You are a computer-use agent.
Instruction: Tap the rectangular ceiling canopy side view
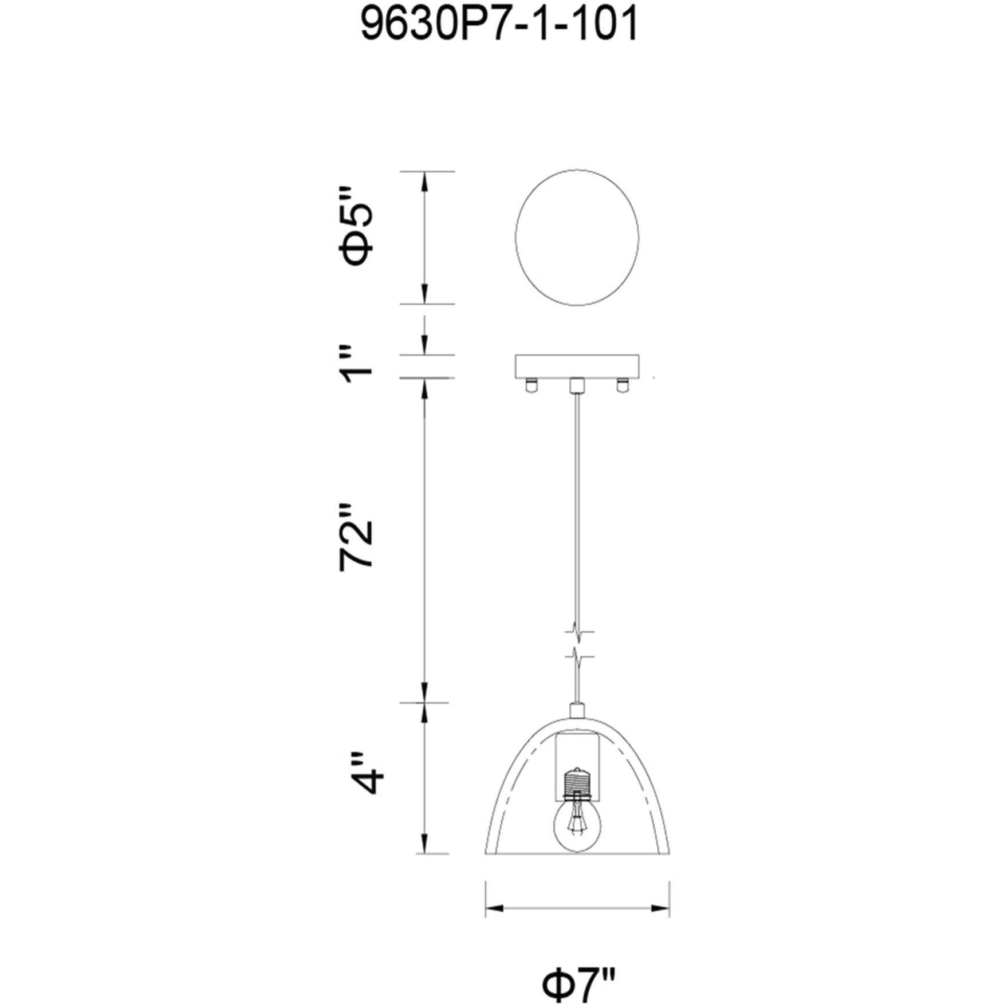click(577, 367)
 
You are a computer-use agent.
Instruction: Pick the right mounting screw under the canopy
click(622, 386)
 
